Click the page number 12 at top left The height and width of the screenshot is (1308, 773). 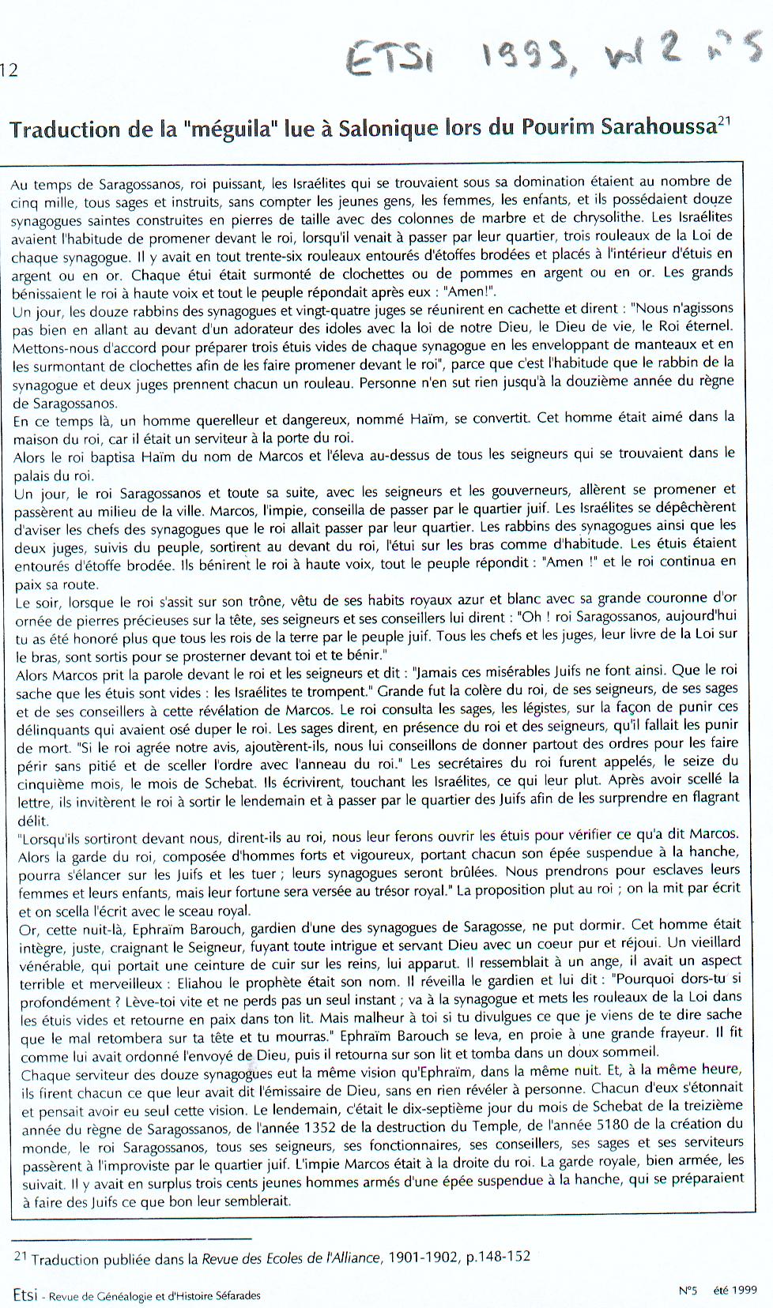click(9, 70)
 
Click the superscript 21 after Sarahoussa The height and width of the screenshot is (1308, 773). click(724, 121)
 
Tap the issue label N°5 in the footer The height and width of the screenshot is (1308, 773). click(687, 1290)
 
